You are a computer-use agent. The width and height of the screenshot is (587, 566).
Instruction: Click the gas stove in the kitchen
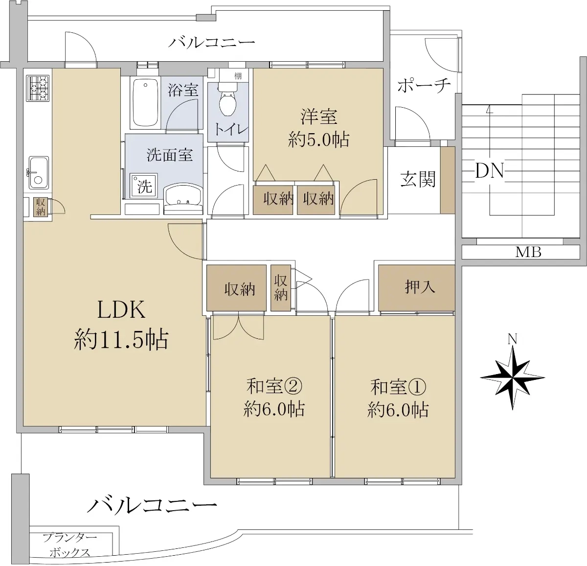click(38, 88)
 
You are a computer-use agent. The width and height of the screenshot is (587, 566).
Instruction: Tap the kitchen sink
click(39, 172)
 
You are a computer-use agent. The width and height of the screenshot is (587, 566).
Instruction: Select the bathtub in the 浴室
click(146, 103)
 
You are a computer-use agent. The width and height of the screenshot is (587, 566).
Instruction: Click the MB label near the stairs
click(528, 252)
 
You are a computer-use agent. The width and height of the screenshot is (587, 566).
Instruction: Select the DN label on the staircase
click(489, 171)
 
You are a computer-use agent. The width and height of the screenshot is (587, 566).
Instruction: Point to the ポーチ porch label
click(424, 85)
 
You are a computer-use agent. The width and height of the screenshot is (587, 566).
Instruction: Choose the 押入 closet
click(417, 288)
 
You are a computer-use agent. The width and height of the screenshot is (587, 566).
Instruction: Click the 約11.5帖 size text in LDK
click(121, 339)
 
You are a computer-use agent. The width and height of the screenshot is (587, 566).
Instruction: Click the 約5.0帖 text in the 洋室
click(318, 140)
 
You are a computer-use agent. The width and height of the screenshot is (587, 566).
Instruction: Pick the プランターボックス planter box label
click(70, 545)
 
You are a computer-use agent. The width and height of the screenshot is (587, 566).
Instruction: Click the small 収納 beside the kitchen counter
click(40, 207)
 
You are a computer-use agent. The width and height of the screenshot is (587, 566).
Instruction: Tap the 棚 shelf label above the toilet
click(238, 76)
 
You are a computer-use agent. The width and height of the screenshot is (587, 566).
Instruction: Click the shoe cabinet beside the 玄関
click(448, 180)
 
